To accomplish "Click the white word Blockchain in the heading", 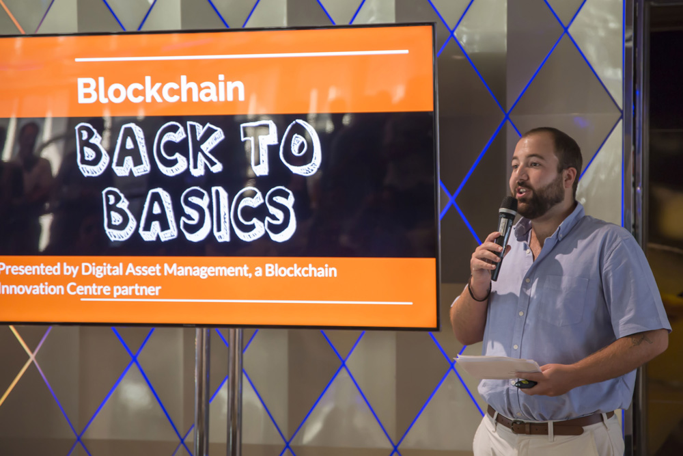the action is (161, 90).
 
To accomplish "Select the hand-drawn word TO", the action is (281, 148).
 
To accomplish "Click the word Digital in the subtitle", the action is (102, 270).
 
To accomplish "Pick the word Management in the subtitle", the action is (206, 271).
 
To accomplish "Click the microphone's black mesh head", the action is (508, 205).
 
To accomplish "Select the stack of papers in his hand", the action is (497, 366).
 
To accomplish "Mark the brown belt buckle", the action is (519, 427).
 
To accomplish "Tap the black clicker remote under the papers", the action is (525, 384).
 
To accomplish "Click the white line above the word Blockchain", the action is (242, 55).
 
